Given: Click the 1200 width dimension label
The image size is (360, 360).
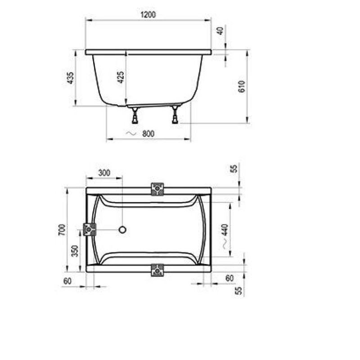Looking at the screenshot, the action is [x=148, y=15].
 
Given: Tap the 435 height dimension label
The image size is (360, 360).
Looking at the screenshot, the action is [x=70, y=78].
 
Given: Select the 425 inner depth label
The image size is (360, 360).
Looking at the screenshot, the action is [x=121, y=77].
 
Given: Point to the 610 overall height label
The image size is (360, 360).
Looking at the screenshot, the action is [x=242, y=86].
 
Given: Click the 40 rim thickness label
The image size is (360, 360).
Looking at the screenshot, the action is [x=220, y=31].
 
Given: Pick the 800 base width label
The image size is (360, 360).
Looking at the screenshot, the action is [x=148, y=134].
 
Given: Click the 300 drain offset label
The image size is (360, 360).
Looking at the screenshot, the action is [x=104, y=173].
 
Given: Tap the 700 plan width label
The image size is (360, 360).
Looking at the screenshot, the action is [x=62, y=230].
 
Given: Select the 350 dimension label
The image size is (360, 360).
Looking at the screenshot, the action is [x=75, y=251].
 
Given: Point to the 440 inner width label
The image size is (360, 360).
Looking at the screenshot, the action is [x=225, y=230].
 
